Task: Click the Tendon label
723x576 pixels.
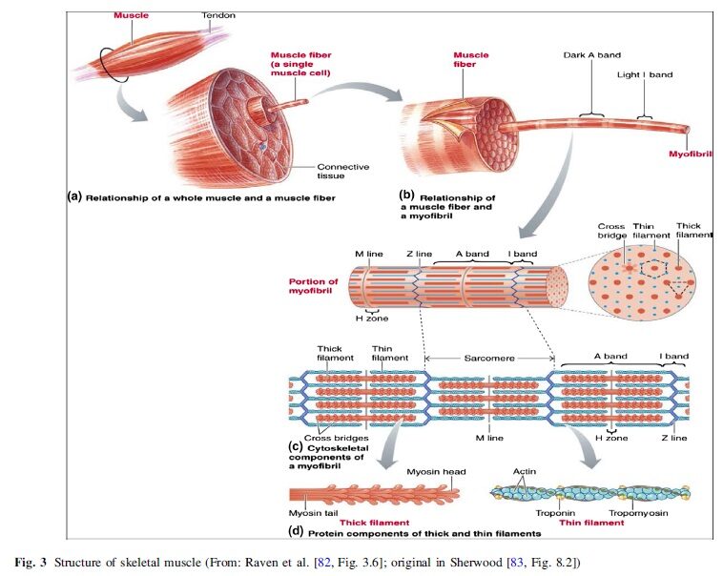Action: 218,15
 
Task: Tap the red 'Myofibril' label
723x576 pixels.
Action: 691,154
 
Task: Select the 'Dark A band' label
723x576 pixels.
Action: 592,55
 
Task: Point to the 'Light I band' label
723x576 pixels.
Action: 645,74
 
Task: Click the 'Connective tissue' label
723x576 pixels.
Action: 342,171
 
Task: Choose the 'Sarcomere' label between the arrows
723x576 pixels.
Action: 489,358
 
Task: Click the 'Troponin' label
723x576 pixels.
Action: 555,513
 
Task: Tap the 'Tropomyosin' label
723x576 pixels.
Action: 638,513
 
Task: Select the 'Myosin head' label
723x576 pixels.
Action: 436,472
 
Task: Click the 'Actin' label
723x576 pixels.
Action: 525,471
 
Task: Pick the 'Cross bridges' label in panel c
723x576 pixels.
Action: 336,438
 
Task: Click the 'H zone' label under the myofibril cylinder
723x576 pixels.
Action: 372,319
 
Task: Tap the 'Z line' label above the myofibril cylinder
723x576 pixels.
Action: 419,254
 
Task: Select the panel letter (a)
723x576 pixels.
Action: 74,196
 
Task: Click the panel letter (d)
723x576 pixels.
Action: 296,531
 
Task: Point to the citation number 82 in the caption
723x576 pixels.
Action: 324,563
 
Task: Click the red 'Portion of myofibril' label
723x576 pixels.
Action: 313,286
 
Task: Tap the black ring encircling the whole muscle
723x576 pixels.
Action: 99,66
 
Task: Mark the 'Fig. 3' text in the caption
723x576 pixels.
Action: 31,563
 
